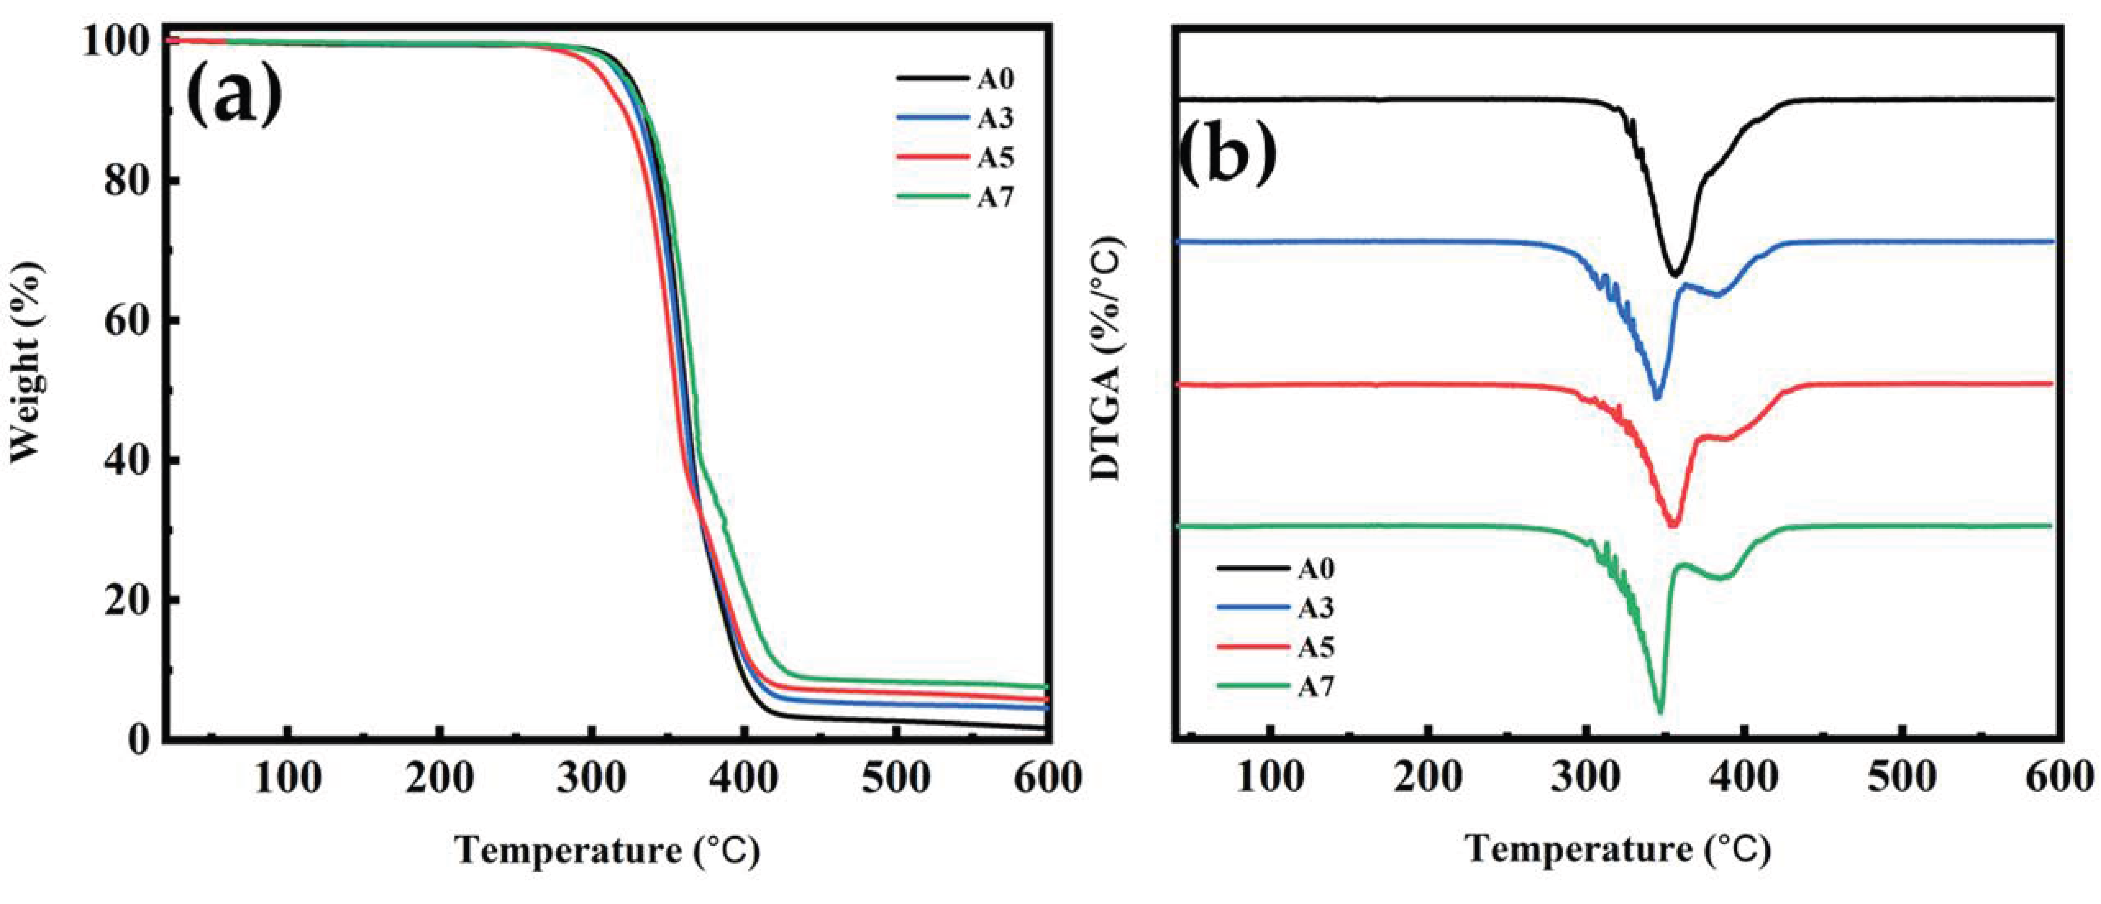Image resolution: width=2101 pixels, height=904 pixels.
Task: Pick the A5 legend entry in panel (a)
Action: [x=954, y=157]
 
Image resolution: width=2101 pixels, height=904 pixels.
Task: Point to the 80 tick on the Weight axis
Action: [x=126, y=181]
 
